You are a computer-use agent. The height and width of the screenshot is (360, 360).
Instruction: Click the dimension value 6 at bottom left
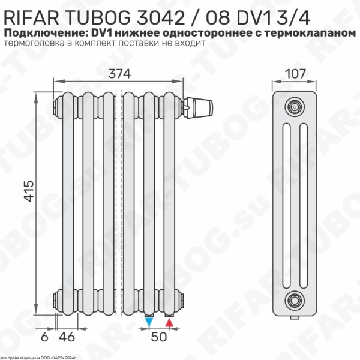43,337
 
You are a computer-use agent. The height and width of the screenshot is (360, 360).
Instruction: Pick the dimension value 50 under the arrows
159,337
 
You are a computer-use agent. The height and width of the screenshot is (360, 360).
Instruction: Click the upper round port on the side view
294,106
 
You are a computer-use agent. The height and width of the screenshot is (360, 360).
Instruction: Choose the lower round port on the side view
294,298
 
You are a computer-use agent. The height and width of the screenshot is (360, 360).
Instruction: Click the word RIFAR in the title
32,13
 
